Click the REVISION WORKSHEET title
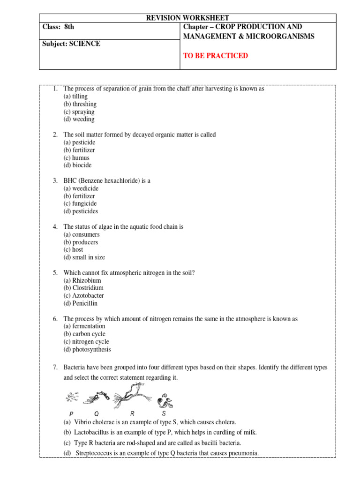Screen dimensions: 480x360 pos(187,18)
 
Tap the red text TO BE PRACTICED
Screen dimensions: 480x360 pos(216,56)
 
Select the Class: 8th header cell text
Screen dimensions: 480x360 pos(58,27)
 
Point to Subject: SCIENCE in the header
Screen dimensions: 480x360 pos(71,44)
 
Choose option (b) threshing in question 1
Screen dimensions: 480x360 pos(80,104)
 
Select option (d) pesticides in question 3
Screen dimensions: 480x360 pos(81,211)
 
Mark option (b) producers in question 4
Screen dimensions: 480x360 pos(81,242)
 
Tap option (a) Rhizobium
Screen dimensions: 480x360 pos(82,280)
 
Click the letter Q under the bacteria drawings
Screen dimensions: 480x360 pos(97,414)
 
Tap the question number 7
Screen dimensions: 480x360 pos(55,367)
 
